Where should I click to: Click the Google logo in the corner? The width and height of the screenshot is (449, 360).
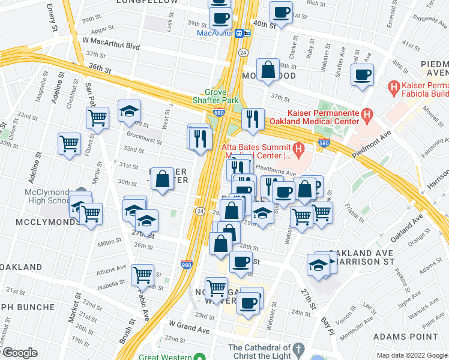click(x=19, y=353)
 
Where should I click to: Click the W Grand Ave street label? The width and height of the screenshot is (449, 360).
click(x=189, y=329)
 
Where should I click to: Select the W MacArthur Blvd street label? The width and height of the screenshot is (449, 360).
click(x=110, y=46)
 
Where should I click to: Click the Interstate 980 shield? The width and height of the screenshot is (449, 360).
click(x=186, y=264)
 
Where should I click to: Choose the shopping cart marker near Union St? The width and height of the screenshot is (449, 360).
click(x=70, y=144)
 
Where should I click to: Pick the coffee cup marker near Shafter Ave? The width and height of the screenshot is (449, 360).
click(x=362, y=75)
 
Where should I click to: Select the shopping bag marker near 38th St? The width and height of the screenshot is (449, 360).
click(x=268, y=68)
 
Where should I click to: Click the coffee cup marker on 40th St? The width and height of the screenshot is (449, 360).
click(x=280, y=12)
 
